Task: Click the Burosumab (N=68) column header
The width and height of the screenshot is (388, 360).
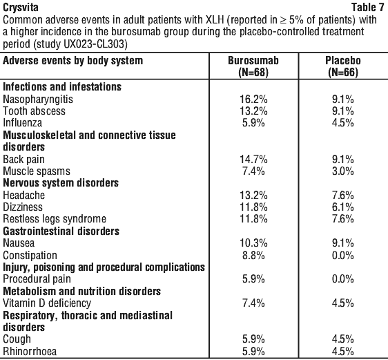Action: (x=253, y=66)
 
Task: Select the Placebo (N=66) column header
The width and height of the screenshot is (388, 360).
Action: (x=343, y=66)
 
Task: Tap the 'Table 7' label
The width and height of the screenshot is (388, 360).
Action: (x=368, y=7)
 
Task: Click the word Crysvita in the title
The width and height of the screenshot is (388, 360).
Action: (x=21, y=8)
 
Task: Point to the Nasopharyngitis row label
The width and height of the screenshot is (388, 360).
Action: (x=38, y=100)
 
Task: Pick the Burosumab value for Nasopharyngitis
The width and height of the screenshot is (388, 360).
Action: (x=253, y=100)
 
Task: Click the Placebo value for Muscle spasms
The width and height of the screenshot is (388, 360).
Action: (x=343, y=171)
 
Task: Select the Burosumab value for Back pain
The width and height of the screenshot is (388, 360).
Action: (x=253, y=159)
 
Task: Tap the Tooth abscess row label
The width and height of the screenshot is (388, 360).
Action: (x=34, y=111)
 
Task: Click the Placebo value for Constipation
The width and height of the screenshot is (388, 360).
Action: (x=343, y=255)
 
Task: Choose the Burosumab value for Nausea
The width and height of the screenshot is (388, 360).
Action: (x=253, y=243)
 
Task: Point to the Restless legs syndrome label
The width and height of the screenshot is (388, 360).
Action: (x=55, y=219)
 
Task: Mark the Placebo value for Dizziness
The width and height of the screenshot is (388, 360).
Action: (x=343, y=207)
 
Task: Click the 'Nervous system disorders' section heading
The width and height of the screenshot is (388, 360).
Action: (x=61, y=183)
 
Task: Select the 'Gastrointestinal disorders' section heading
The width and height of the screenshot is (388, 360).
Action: (x=61, y=231)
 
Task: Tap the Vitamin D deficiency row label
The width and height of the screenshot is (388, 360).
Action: (x=47, y=303)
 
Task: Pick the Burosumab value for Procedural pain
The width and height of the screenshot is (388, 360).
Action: (x=253, y=279)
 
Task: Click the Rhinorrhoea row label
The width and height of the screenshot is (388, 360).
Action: (x=30, y=351)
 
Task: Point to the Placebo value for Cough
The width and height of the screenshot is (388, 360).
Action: (x=343, y=339)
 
